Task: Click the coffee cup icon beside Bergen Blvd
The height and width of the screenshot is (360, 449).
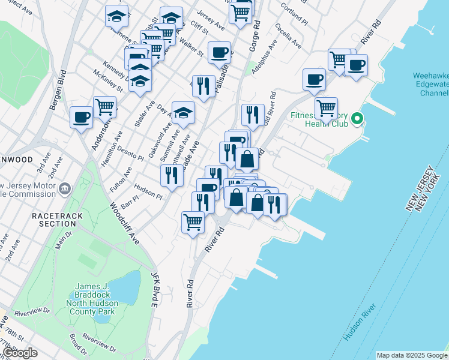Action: [x=81, y=117]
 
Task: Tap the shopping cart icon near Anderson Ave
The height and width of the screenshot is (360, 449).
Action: [x=104, y=107]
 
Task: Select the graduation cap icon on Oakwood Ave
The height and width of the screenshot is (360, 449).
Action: [x=183, y=112]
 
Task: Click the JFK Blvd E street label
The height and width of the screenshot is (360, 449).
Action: [x=154, y=290]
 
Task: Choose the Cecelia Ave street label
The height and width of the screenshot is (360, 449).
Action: [x=289, y=36]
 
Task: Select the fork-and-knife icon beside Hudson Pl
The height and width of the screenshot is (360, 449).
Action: [x=172, y=175]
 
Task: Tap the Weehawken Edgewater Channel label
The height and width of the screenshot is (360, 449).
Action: [x=430, y=85]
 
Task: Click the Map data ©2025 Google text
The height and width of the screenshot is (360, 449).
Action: [x=412, y=355]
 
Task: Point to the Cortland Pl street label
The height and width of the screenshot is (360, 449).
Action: [x=297, y=14]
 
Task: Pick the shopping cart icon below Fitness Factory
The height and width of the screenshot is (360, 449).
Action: [x=326, y=108]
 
